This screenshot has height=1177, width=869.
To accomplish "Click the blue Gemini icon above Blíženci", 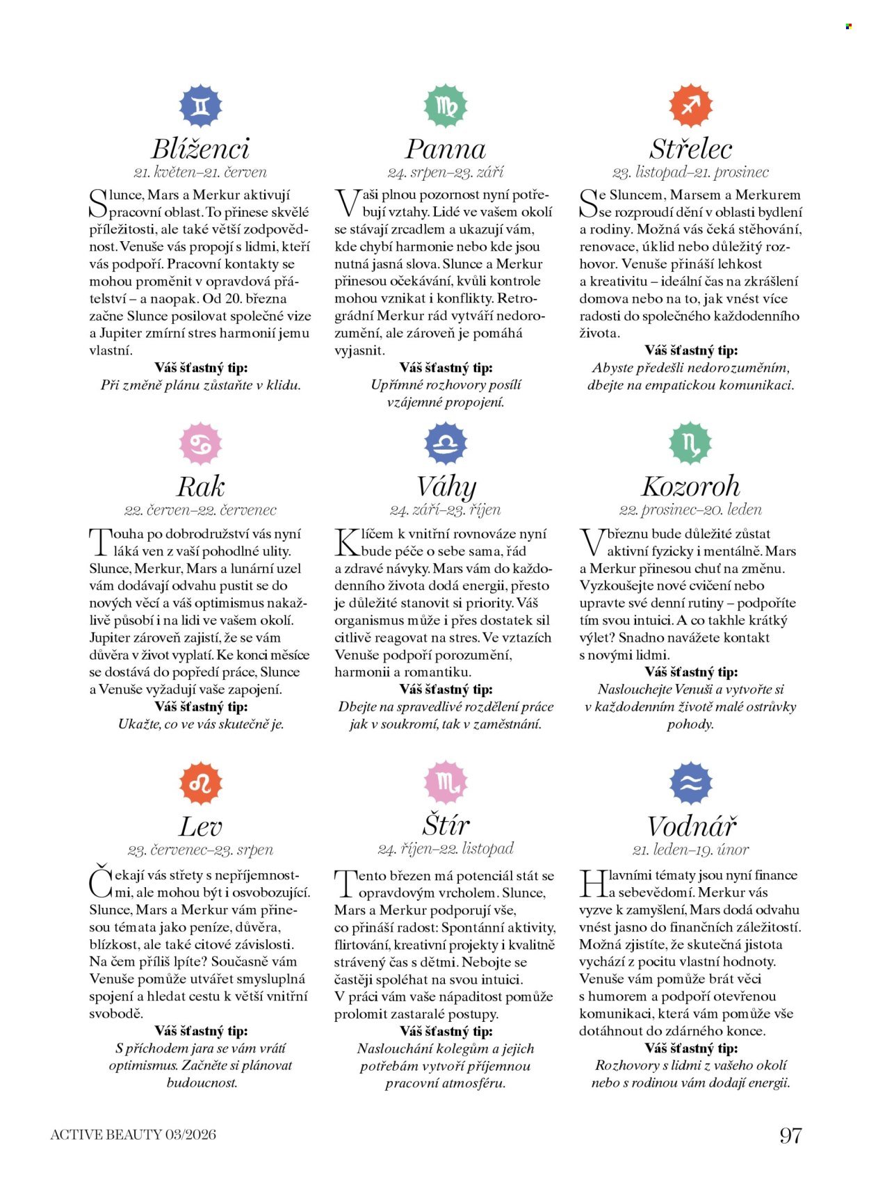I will (200, 106).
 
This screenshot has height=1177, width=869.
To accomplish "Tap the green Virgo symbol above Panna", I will (446, 106).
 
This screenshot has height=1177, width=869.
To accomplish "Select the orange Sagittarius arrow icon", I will (690, 106).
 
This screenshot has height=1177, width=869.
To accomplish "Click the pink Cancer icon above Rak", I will (200, 444).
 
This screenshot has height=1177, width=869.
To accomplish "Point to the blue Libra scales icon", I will (446, 444).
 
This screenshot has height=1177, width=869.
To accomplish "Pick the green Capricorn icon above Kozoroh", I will (690, 444).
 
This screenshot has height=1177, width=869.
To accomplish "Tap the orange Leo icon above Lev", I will (200, 783).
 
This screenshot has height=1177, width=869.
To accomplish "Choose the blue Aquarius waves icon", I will (690, 783).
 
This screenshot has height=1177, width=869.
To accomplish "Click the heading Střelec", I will (690, 149).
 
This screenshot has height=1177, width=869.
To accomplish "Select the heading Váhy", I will (446, 487).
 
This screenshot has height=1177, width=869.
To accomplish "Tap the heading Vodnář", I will (690, 827).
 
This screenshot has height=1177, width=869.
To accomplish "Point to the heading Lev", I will (200, 827).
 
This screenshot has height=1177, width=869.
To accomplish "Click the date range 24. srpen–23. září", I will (446, 172).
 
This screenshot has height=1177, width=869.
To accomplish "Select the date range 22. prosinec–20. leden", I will (690, 510).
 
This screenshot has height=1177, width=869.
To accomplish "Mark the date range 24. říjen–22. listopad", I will (446, 849).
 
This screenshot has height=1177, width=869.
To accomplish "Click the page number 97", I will (790, 1135).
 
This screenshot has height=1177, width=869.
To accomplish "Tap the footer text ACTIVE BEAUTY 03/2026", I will (133, 1135).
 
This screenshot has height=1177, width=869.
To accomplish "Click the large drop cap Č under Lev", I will (100, 882).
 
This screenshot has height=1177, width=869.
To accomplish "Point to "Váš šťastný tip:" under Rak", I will (201, 707).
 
